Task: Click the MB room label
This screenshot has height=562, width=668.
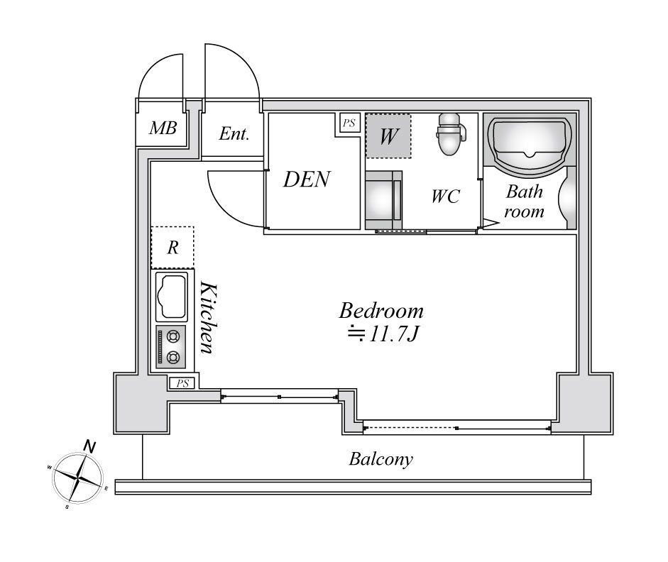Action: pos(163,128)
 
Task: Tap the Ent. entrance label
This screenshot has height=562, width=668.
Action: pos(234,133)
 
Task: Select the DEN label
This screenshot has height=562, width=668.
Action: pos(306,180)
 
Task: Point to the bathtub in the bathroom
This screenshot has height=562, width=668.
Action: pos(530,143)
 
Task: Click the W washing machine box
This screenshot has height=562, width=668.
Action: pos(388,136)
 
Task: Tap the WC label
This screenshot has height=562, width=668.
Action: pos(445,197)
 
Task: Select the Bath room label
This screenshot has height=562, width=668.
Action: pos(525,201)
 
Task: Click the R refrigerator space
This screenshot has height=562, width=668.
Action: pos(172,248)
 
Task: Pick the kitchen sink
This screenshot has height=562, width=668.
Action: pos(171,296)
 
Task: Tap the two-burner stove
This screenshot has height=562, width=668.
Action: pos(171,347)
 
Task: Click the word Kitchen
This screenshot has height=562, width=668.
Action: pos(207,317)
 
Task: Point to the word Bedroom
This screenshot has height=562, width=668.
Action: pos(381,311)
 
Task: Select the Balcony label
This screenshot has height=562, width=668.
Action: pos(380,459)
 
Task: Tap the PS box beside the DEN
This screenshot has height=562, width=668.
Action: pos(349,123)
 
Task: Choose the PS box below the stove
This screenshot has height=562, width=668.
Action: pos(182,384)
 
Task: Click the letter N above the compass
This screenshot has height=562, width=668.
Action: pos(90,446)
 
